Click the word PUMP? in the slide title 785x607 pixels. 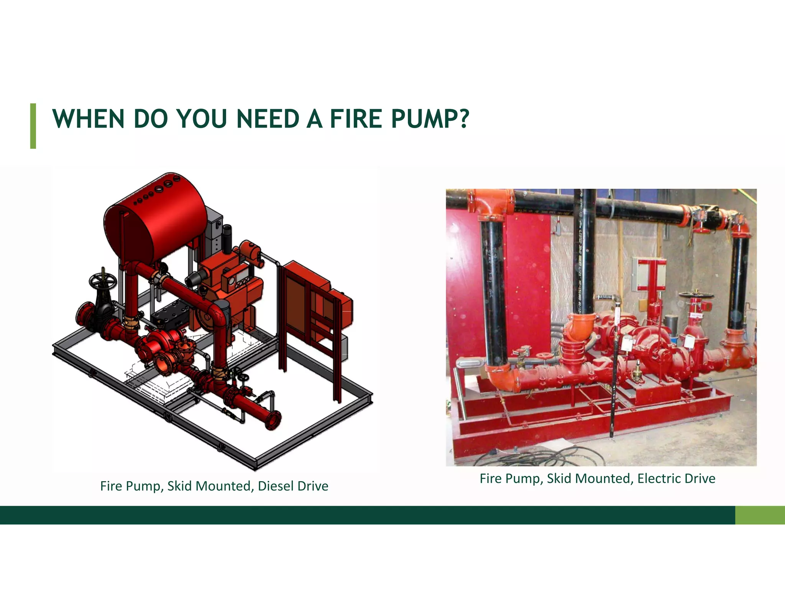pos(430,119)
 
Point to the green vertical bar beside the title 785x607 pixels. pos(33,126)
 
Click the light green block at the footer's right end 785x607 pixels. pos(760,515)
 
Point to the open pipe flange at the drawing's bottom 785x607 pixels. pos(273,420)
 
